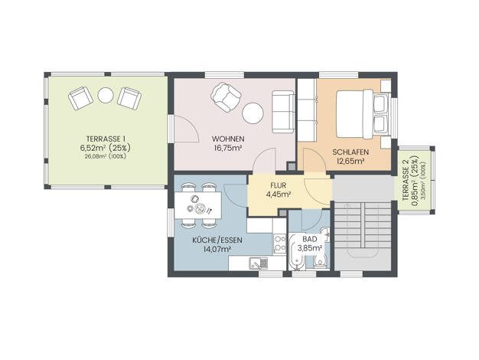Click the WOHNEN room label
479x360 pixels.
pos(228,139)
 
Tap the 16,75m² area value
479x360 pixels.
pos(228,149)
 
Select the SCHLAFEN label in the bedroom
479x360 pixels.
pos(350,152)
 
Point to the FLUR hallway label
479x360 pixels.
pos(278,185)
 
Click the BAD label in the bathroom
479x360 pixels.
pos(310,239)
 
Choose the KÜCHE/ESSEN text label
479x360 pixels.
pos(217,241)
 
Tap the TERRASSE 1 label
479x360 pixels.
pos(106,139)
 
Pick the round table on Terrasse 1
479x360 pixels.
pos(106,95)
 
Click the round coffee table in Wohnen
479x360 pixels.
pos(253,113)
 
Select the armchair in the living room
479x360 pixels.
pos(226,97)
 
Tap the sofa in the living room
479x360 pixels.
pos(283,112)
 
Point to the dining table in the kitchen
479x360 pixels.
pos(198,205)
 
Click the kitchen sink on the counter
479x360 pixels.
pos(259,263)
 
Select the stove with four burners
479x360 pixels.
pos(279,244)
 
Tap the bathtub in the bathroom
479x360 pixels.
pos(297,253)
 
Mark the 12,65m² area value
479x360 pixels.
pos(350,161)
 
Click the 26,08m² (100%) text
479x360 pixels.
pos(106,156)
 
